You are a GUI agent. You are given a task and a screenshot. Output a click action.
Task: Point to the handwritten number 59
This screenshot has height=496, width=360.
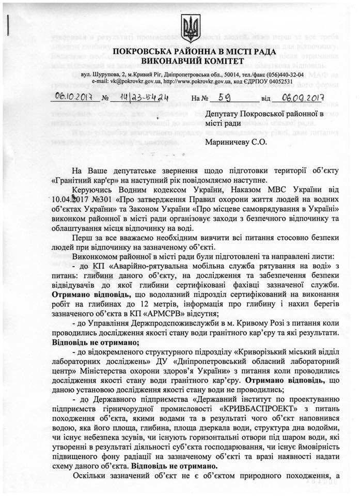(x=226, y=96)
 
